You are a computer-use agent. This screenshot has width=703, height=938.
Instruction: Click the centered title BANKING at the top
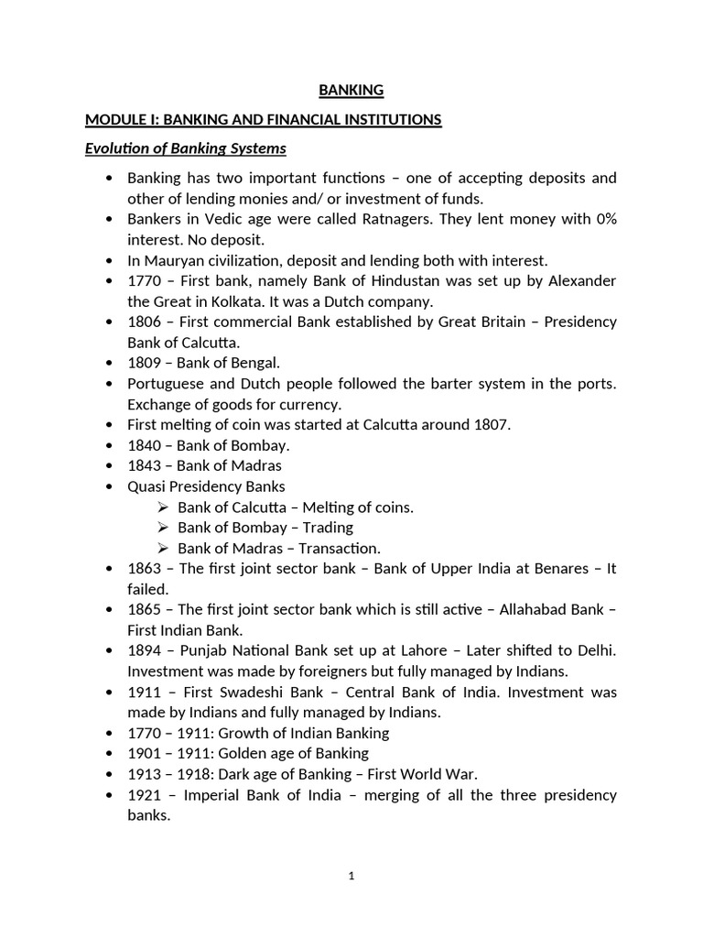[351, 90]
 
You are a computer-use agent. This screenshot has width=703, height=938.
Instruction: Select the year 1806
[145, 322]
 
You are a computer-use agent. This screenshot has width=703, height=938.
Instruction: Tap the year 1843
[145, 465]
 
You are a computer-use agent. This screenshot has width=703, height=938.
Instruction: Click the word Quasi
[145, 486]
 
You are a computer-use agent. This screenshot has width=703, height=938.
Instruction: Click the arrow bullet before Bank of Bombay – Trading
[163, 528]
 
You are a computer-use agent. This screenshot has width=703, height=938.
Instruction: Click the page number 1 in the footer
[351, 876]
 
